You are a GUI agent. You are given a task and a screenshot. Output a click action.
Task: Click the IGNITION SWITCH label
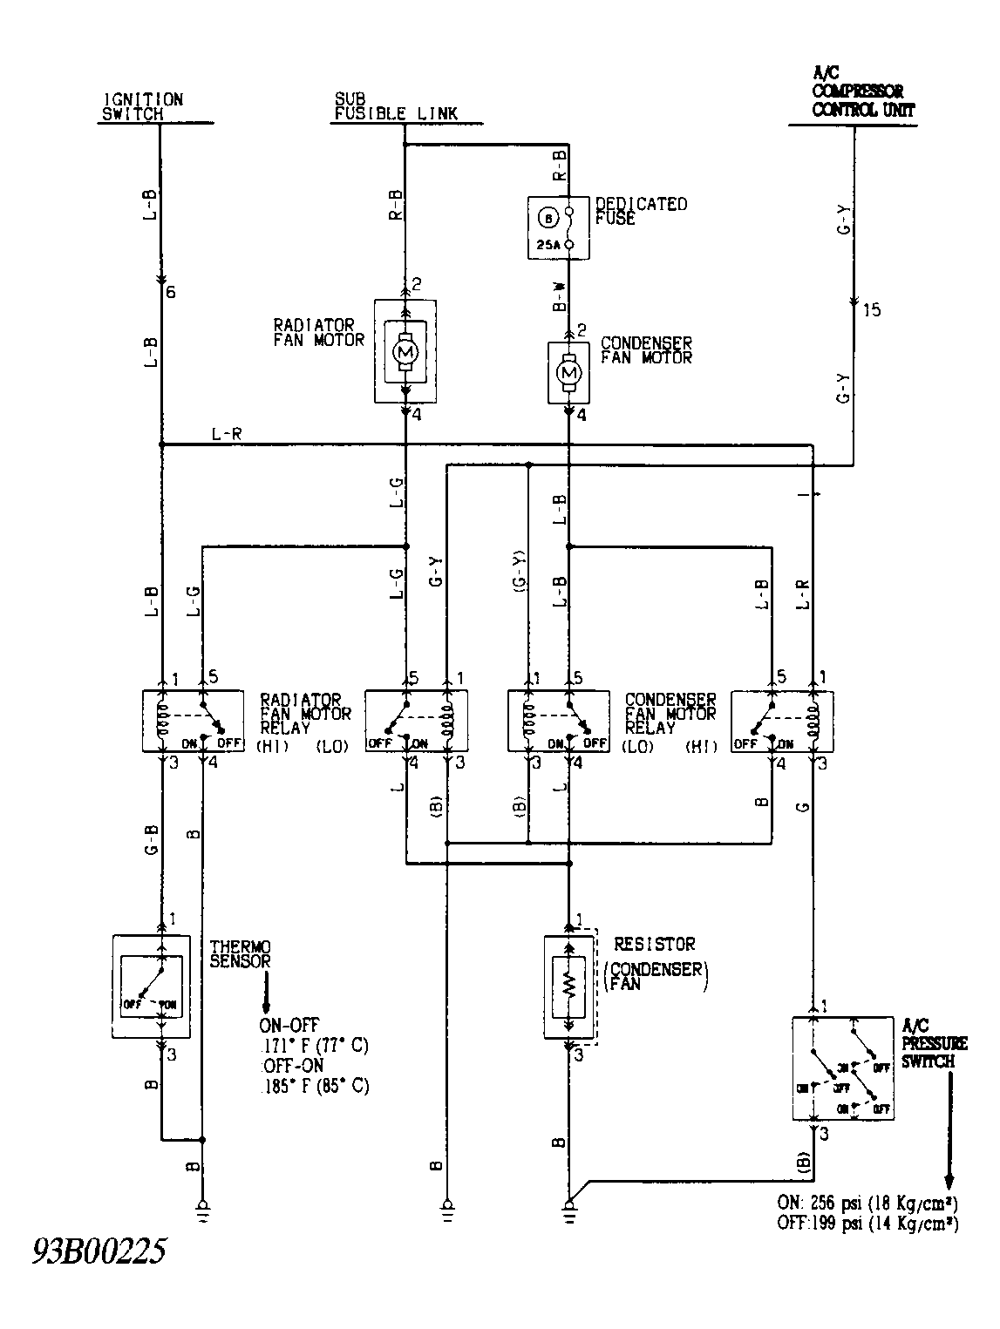coord(144,106)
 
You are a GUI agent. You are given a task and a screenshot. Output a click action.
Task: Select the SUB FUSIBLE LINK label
coord(395,106)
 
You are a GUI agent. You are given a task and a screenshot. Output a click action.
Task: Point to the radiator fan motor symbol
coord(405,350)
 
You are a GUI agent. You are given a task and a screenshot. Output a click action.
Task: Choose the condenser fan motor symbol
coord(569,373)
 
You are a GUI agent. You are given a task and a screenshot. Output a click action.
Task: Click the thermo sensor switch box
coord(152,986)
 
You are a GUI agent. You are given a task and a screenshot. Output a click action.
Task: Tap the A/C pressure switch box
coord(842,1068)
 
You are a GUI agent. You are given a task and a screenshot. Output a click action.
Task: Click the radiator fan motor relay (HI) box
coord(193,721)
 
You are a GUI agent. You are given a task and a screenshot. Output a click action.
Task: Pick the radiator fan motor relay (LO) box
coord(416,721)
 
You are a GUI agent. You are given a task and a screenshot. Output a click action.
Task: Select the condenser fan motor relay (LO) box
coord(559,721)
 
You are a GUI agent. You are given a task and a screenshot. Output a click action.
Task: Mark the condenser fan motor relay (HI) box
coord(782,721)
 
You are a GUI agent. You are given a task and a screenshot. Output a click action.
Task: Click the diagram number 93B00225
coord(99,1252)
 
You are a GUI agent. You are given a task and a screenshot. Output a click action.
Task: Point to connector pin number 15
coord(871,310)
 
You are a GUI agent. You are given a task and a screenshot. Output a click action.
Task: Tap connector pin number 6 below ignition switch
coord(171,293)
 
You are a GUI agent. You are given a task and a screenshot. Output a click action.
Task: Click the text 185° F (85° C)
coord(315,1087)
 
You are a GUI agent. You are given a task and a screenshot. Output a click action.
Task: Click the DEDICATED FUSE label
coord(641,211)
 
